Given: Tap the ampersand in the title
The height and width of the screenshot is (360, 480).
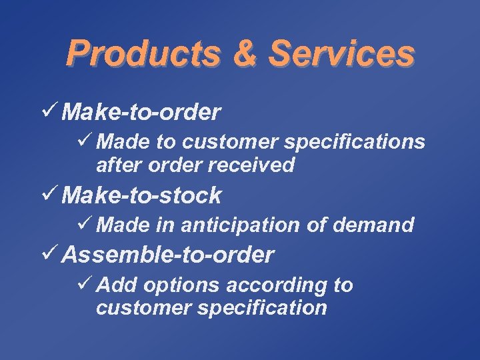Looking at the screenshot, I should pos(245,53).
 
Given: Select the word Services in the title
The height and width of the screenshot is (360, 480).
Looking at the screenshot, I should pos(341,53).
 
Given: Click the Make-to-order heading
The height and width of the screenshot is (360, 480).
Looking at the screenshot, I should pos(141,113).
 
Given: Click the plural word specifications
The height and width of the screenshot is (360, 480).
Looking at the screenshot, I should pos(358,142).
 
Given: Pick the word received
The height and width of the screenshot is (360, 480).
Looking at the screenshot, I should pos(253,165).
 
